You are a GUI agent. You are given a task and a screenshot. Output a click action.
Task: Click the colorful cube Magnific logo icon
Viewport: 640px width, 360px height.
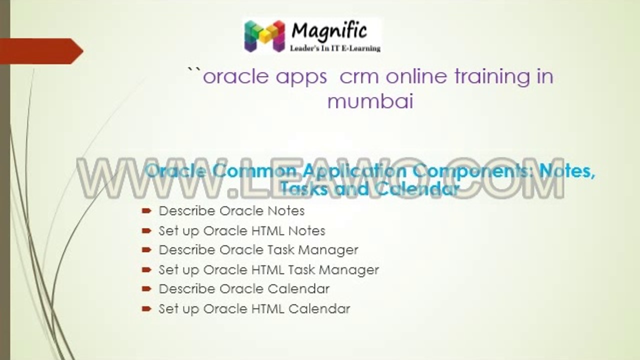point(264,36)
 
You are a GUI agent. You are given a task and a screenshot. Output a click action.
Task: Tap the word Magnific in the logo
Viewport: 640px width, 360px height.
point(329,31)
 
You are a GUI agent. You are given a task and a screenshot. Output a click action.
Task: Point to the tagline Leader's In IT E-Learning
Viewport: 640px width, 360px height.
point(335,48)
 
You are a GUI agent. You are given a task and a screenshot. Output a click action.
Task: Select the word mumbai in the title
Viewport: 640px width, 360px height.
point(370,101)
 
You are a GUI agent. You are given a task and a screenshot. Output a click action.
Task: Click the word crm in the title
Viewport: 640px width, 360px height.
point(359,76)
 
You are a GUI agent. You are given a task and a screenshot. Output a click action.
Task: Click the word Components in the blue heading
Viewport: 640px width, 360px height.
point(467,171)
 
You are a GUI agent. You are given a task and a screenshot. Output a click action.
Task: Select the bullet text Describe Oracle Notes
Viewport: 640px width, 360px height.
point(231,211)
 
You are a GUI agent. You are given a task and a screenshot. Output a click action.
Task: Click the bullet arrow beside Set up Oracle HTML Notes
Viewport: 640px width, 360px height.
point(146,231)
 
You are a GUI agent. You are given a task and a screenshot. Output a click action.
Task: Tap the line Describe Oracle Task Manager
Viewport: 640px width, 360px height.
point(258,249)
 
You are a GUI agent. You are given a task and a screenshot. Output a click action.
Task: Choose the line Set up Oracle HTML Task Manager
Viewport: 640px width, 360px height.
point(268,270)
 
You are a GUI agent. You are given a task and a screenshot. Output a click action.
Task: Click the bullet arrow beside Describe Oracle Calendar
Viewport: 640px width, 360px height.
point(146,289)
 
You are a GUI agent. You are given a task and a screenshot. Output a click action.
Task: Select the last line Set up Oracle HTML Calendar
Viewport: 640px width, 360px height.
point(254,309)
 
